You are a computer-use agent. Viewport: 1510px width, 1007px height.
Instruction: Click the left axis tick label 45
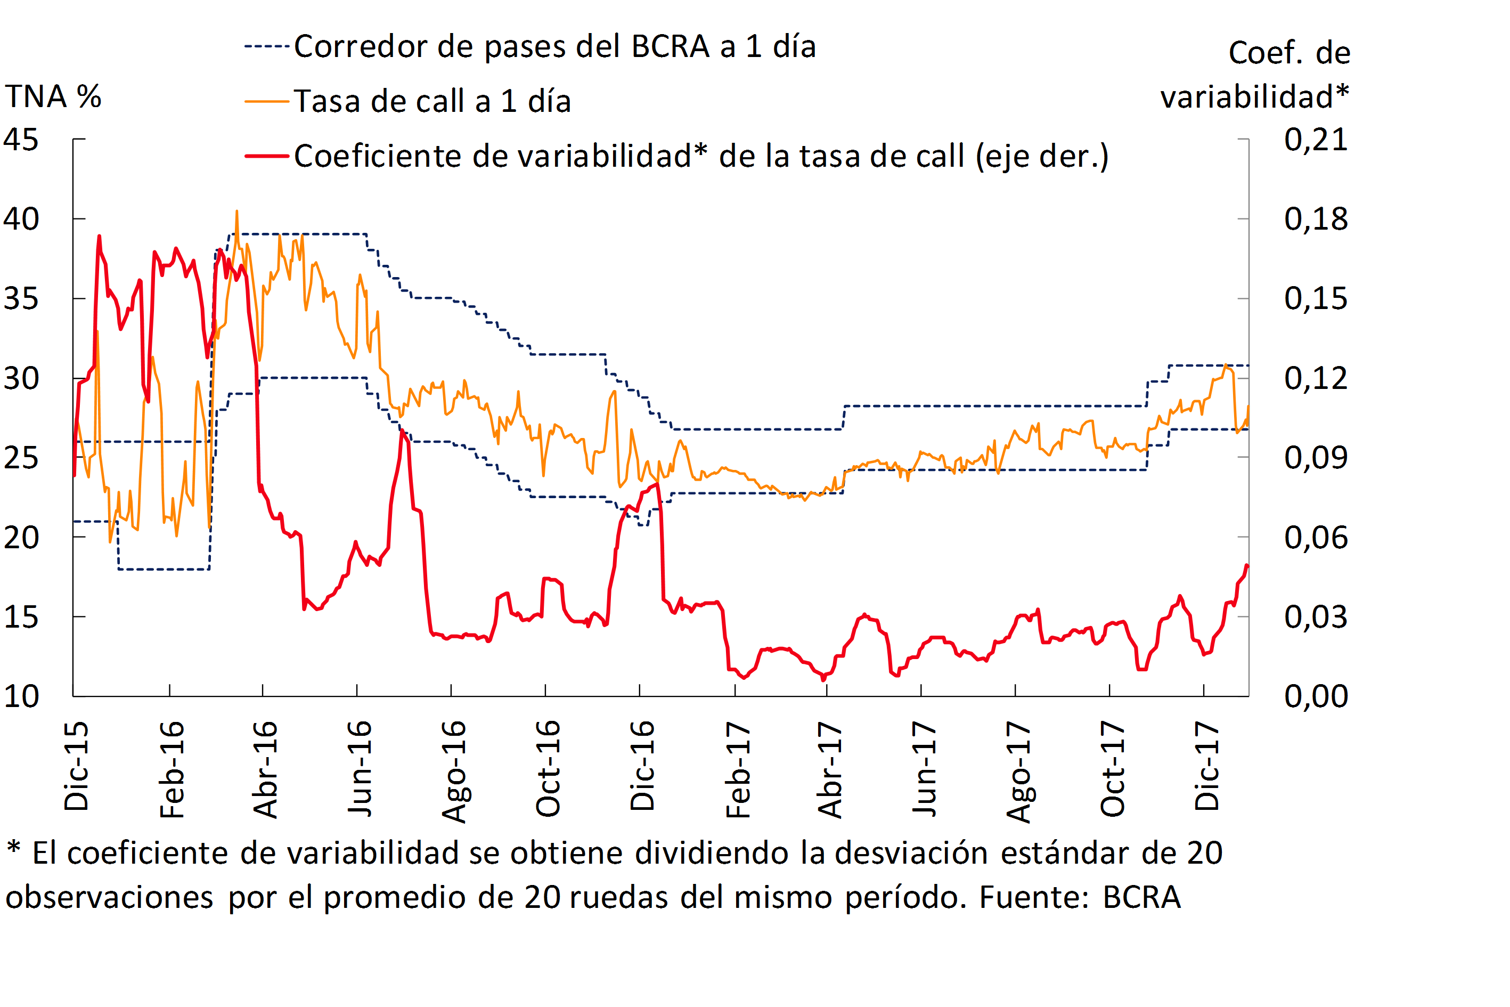click(21, 140)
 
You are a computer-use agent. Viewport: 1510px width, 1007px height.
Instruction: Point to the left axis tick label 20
click(21, 538)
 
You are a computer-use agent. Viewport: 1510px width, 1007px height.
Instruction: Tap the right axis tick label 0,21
click(1316, 140)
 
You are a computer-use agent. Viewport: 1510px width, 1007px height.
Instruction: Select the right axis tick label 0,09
click(1316, 458)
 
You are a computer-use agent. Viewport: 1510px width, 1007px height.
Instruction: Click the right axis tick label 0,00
click(1316, 697)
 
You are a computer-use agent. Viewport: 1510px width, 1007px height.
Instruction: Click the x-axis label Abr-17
click(829, 769)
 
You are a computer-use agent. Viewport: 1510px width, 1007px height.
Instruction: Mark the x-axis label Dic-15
click(76, 766)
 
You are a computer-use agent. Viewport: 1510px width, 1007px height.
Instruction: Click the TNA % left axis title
click(53, 97)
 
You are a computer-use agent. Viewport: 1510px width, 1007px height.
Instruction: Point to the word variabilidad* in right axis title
click(1254, 97)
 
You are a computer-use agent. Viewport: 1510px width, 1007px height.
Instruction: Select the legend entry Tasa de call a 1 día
click(432, 101)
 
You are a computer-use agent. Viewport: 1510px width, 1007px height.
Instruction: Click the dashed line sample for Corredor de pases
click(266, 47)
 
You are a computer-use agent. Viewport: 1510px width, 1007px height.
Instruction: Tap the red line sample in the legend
click(266, 156)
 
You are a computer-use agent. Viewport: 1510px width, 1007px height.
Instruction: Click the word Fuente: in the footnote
click(1034, 897)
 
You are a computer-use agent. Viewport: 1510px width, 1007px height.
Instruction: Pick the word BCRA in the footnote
click(1141, 897)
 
